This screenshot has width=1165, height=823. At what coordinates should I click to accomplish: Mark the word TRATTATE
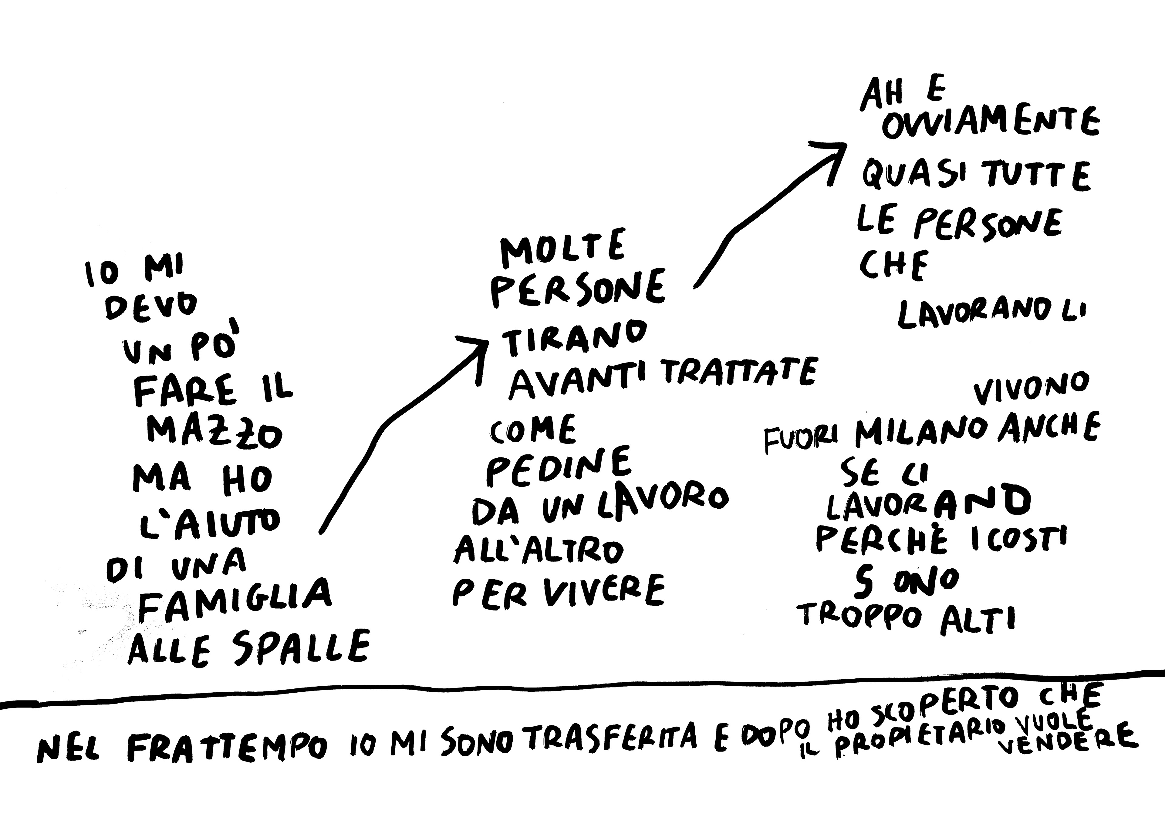[739, 375]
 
